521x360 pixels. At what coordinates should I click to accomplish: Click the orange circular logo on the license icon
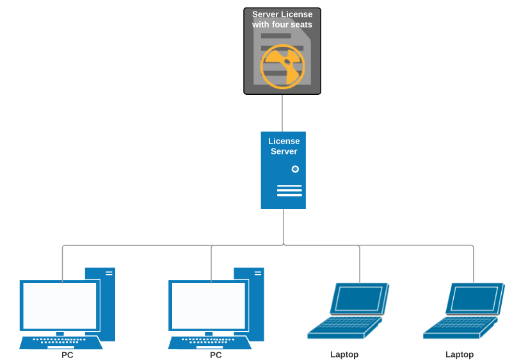click(x=282, y=66)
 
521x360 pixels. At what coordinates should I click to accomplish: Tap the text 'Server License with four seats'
click(x=282, y=19)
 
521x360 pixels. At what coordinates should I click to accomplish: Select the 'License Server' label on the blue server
click(x=284, y=146)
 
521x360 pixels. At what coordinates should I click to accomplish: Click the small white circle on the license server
click(x=295, y=169)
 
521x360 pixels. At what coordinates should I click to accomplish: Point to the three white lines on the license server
click(x=289, y=191)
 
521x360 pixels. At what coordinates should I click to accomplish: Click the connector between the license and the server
click(x=282, y=113)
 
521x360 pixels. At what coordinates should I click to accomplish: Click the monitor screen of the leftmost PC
click(x=59, y=306)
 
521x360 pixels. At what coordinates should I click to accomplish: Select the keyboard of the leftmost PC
click(x=61, y=342)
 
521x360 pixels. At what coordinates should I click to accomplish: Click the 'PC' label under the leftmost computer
click(x=67, y=355)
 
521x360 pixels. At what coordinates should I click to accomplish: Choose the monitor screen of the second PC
click(x=207, y=306)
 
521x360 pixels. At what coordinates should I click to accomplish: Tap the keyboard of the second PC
click(x=209, y=342)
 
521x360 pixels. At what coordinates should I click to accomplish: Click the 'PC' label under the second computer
click(x=216, y=355)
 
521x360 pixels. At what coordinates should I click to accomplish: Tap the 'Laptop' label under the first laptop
click(x=344, y=354)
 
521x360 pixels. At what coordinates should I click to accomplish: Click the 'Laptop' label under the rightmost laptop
click(x=460, y=354)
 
